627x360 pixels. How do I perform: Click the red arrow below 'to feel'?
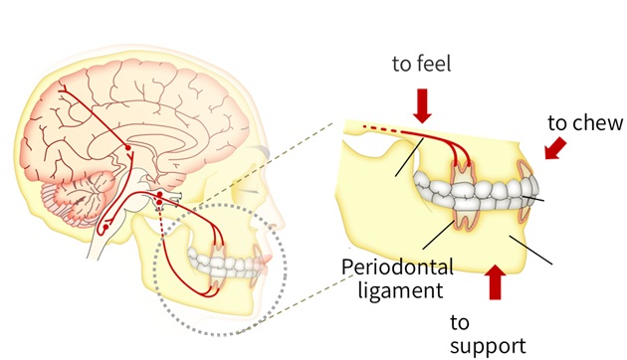[x=422, y=104]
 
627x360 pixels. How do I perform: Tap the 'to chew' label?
[x=586, y=123]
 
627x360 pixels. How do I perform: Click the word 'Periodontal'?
[x=397, y=267]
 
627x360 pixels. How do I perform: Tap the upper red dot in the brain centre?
[x=127, y=150]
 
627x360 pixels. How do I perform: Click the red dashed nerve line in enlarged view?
[x=378, y=126]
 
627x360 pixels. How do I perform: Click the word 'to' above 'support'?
[x=460, y=321]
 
